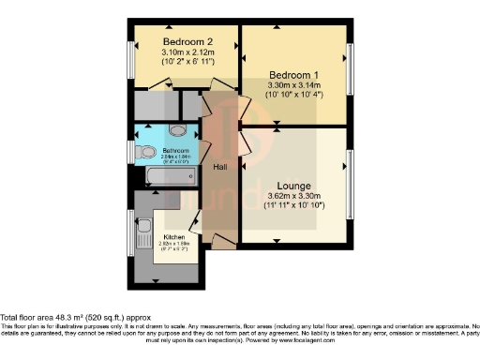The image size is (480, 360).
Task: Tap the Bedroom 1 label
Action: (292, 74)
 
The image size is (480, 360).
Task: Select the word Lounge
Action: (293, 186)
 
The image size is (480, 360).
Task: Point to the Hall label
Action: (220, 167)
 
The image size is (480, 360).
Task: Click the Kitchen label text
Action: (175, 236)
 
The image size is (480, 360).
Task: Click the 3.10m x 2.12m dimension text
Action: (185, 53)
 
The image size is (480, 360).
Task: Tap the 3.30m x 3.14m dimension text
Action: (293, 86)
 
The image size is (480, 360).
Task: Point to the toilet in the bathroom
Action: (146, 151)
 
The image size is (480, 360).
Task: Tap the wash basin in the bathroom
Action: (181, 130)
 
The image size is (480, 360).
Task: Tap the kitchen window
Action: (131, 231)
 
